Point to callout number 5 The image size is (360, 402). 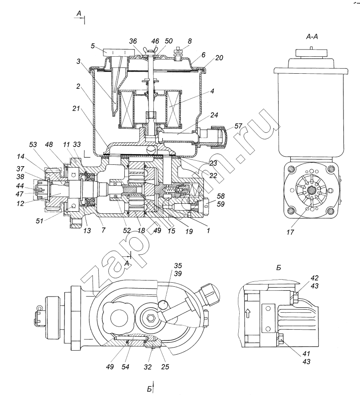pyautogui.click(x=93, y=46)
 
